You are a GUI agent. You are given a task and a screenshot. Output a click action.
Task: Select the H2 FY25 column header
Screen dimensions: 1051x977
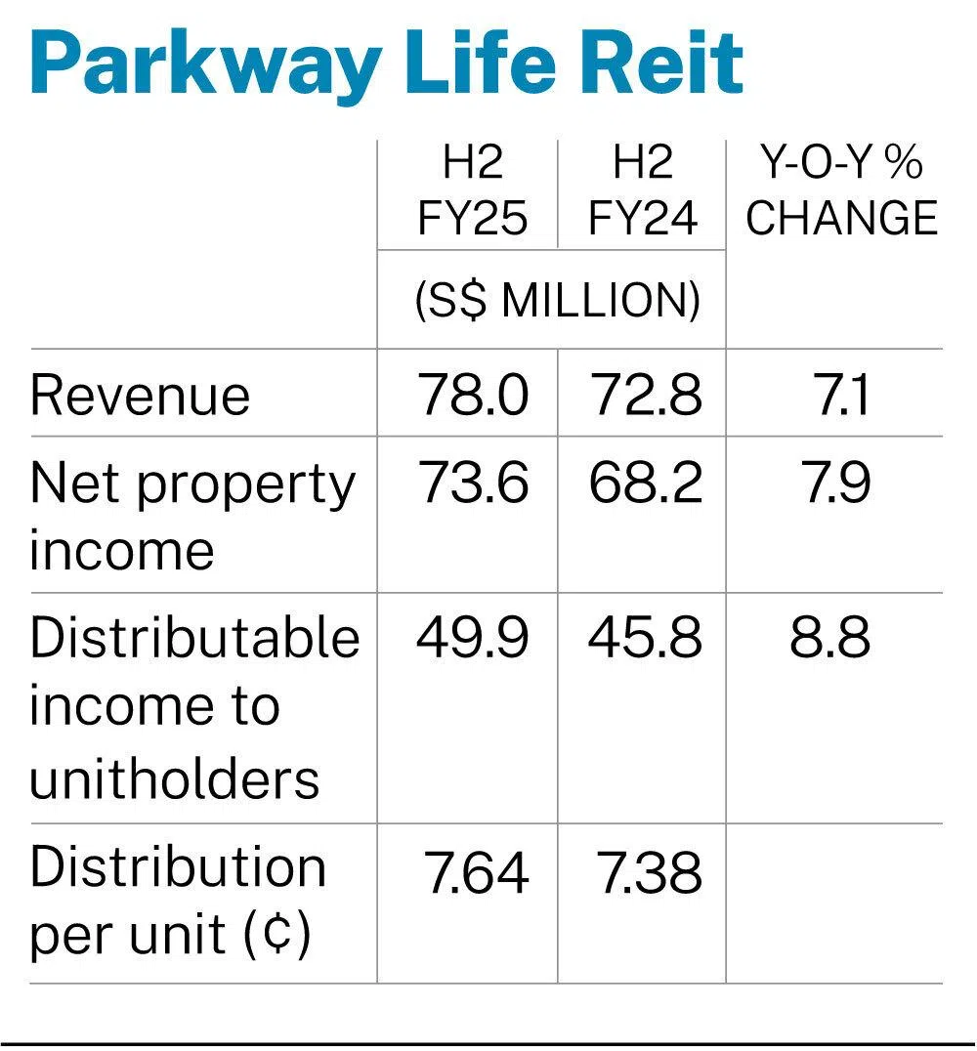(473, 191)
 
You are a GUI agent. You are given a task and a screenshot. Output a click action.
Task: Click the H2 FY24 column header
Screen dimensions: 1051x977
(643, 191)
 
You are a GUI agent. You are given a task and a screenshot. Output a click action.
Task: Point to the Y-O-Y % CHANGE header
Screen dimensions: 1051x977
(841, 191)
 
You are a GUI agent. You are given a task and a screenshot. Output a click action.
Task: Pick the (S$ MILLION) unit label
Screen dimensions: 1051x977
(557, 302)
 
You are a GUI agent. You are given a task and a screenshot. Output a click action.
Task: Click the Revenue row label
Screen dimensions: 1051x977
(140, 396)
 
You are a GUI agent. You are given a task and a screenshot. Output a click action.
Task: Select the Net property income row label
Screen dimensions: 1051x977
(192, 516)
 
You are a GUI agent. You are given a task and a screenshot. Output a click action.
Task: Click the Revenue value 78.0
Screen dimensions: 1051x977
(474, 396)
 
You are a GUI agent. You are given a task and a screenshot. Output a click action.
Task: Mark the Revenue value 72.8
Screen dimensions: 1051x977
(645, 396)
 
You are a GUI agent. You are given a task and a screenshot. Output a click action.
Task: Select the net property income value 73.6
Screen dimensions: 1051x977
(474, 483)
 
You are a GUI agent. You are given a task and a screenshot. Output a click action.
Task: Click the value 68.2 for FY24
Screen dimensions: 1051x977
(645, 483)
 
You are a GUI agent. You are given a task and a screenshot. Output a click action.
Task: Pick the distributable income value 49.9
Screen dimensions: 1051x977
(473, 639)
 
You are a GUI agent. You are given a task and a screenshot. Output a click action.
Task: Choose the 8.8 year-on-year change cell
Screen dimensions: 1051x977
(829, 639)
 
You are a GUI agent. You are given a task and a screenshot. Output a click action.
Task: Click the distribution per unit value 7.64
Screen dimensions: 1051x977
(476, 871)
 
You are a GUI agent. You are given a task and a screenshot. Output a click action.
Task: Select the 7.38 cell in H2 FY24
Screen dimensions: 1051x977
(649, 871)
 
